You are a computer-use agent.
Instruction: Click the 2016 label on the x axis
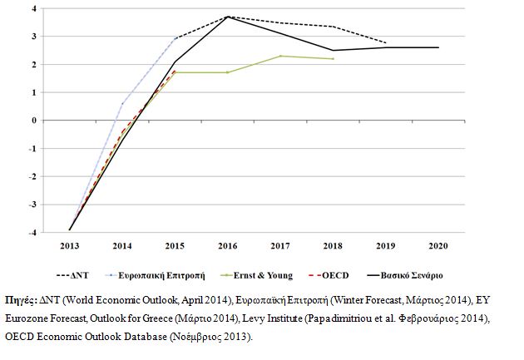click(x=227, y=247)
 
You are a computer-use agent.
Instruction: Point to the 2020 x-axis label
click(x=438, y=247)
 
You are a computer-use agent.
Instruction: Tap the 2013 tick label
click(x=69, y=247)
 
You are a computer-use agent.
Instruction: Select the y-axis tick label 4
click(x=34, y=8)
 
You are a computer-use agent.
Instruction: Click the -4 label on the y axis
click(x=32, y=231)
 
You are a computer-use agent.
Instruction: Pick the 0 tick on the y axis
click(x=34, y=120)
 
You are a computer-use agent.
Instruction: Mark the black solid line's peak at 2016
click(x=227, y=17)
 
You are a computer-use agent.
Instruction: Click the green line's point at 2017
click(x=280, y=56)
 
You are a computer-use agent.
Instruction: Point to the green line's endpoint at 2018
click(x=333, y=59)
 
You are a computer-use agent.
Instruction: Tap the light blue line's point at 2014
click(x=122, y=104)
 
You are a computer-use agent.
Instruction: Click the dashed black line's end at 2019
click(x=386, y=43)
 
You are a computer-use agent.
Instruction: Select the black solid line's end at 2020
click(x=438, y=47)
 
